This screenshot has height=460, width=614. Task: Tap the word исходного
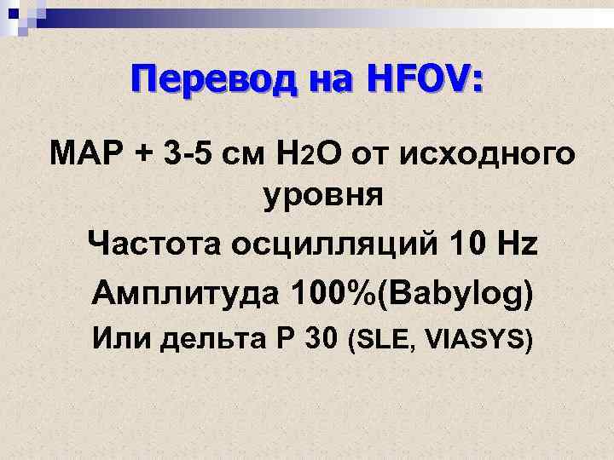(x=492, y=157)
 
